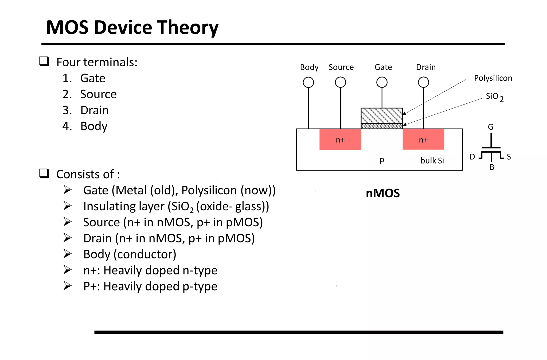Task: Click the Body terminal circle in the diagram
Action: (308, 82)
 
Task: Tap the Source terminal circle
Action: (340, 82)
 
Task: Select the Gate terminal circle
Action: (382, 82)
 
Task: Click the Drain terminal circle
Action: (423, 82)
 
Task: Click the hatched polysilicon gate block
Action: (382, 116)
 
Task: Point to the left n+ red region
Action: (340, 140)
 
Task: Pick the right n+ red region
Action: (423, 140)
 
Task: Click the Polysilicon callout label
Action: (493, 78)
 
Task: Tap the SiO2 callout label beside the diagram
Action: (494, 97)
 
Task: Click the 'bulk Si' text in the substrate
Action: (432, 160)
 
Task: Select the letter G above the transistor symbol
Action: (491, 127)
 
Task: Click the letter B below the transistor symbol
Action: (492, 167)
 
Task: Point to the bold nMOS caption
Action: (382, 193)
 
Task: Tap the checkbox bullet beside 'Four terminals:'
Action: (44, 61)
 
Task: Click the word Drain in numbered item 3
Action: (95, 110)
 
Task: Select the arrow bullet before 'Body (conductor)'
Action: (67, 254)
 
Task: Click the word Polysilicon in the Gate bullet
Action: (209, 190)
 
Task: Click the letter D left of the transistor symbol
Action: (472, 157)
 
